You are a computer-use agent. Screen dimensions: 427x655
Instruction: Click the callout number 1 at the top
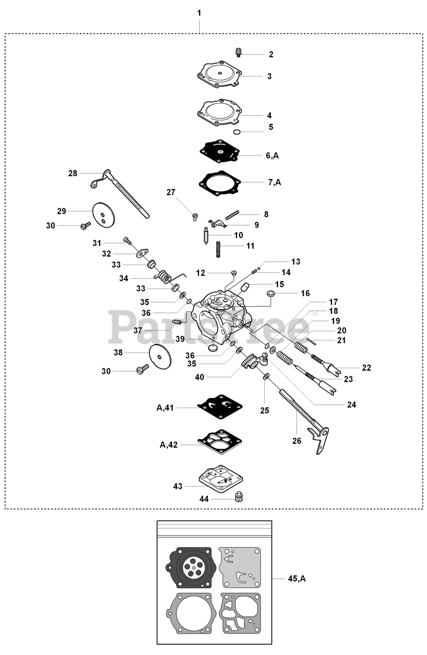(x=199, y=12)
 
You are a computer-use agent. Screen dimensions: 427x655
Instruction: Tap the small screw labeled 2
(x=239, y=52)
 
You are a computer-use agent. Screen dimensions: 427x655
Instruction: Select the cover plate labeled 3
(x=220, y=76)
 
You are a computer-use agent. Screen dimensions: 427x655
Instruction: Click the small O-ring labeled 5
(x=236, y=132)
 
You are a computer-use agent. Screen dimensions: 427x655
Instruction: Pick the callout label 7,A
(x=274, y=182)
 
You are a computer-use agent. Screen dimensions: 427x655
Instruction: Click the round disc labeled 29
(x=104, y=214)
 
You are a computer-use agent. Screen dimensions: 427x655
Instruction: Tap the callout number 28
(x=73, y=173)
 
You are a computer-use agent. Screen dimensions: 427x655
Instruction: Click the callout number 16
(x=305, y=294)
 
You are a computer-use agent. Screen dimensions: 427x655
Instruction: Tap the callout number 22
(x=366, y=367)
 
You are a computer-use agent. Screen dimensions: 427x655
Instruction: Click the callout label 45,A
(x=296, y=579)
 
